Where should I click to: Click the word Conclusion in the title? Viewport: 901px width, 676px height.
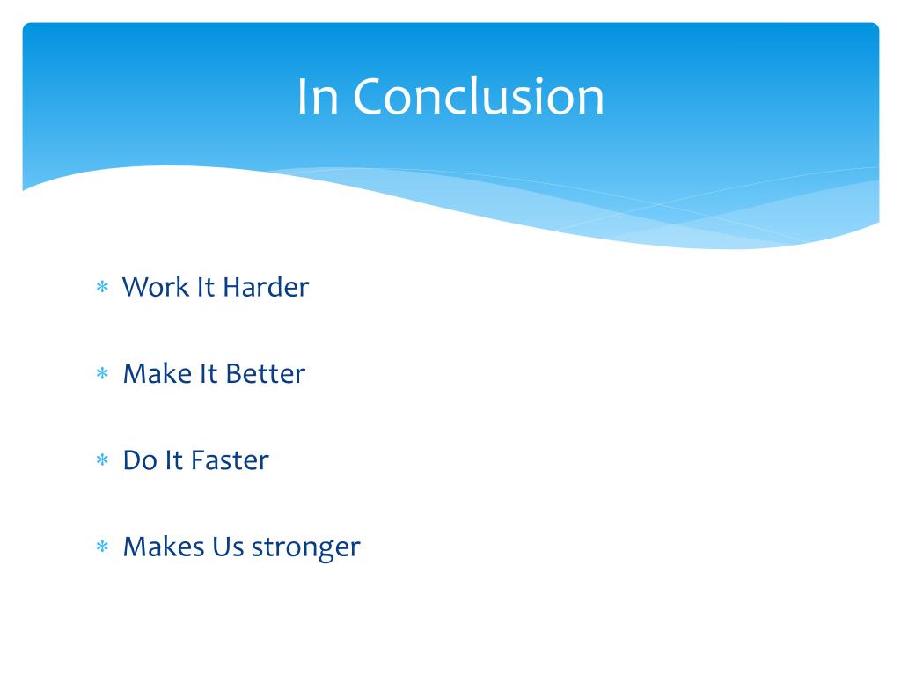click(479, 96)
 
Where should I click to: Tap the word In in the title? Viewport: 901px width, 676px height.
click(317, 96)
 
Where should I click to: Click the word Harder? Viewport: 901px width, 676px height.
click(266, 287)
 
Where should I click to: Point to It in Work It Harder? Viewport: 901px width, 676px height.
click(206, 287)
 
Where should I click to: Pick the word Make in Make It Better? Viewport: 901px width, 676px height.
click(157, 373)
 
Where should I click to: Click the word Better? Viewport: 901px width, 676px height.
click(266, 373)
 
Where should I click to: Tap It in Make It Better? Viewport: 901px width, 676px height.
click(209, 373)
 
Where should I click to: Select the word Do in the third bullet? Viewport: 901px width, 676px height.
click(140, 460)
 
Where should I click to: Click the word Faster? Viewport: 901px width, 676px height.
click(230, 460)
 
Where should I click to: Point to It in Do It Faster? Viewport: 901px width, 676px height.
click(174, 460)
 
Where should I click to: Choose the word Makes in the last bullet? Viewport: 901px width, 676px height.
click(164, 547)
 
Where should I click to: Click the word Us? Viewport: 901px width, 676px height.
click(228, 547)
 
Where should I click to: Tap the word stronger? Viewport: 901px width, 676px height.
click(306, 547)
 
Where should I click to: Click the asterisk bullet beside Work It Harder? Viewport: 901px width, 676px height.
click(102, 286)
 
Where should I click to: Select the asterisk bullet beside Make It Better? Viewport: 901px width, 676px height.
click(102, 373)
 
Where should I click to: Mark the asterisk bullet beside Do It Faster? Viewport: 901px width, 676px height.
click(102, 459)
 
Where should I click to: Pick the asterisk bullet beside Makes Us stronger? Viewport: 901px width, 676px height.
click(102, 546)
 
